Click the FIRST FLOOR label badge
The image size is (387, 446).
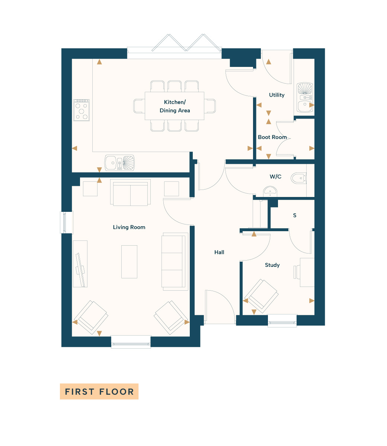(99, 391)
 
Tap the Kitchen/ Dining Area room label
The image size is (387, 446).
(175, 106)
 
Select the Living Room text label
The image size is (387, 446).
(129, 227)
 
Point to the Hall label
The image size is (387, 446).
(219, 252)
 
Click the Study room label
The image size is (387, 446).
(272, 265)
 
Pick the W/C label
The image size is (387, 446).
(275, 177)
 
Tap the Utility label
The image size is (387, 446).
(276, 95)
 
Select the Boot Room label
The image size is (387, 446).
(272, 137)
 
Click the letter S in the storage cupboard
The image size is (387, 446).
(294, 215)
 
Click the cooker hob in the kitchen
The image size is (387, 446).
(81, 110)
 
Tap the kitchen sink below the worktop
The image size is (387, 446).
(119, 163)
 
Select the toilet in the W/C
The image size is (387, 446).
(299, 178)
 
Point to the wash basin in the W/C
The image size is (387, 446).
(270, 191)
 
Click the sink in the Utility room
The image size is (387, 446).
(305, 97)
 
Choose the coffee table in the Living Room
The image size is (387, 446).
(129, 262)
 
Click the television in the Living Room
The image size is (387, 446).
(80, 270)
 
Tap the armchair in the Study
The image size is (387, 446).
(262, 296)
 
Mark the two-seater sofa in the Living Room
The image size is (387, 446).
(130, 193)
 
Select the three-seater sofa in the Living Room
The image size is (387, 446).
(175, 262)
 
